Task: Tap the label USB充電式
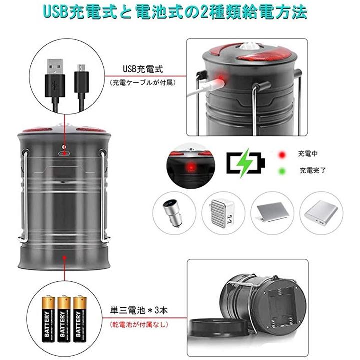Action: pyautogui.click(x=143, y=69)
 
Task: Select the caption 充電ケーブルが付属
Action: pyautogui.click(x=143, y=82)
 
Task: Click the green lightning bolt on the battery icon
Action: pyautogui.click(x=244, y=163)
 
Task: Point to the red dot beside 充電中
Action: pyautogui.click(x=282, y=155)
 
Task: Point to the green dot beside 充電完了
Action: pyautogui.click(x=282, y=171)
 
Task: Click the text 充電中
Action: pyautogui.click(x=308, y=154)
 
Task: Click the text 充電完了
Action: pyautogui.click(x=313, y=170)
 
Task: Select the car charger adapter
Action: pyautogui.click(x=173, y=213)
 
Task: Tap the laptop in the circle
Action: pyautogui.click(x=272, y=212)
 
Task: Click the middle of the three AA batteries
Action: pyautogui.click(x=64, y=319)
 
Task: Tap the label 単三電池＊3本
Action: pyautogui.click(x=139, y=310)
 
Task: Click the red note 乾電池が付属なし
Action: pyautogui.click(x=139, y=324)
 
